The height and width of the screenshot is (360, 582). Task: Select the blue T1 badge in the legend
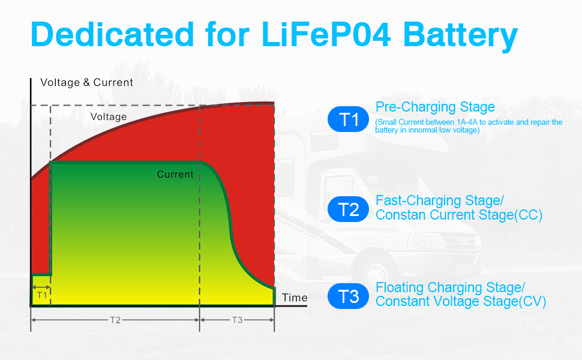349,119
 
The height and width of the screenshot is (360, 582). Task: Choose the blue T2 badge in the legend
349,209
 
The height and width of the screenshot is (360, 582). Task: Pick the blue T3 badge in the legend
349,296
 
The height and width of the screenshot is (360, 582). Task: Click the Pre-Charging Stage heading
435,107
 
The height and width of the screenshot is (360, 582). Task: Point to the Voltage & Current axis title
86,83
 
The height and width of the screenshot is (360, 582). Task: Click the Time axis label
295,298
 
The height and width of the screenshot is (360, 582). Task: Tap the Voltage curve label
109,117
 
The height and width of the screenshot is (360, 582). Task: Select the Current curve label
175,175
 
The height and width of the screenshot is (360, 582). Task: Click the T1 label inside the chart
41,295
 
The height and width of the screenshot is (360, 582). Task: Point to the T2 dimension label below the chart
115,320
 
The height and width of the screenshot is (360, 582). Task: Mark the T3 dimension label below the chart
237,320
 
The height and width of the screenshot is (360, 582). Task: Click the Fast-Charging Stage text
440,200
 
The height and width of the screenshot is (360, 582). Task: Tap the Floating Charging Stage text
451,287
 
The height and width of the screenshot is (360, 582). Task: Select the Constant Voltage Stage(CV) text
461,302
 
